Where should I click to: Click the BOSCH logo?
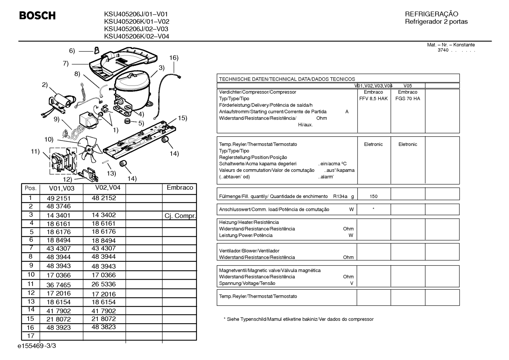tap(37, 16)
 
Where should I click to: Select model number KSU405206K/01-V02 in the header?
tap(137, 22)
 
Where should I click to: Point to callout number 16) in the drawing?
tap(174, 58)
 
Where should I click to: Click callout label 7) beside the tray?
tap(66, 63)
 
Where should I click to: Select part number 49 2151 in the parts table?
tap(59, 198)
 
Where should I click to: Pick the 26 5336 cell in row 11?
tap(104, 284)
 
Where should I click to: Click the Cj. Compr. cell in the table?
tap(180, 216)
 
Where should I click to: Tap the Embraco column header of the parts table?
tap(180, 188)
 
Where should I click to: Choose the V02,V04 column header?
tap(108, 188)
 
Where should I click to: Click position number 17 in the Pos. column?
tap(31, 336)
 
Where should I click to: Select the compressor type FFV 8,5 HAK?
tap(373, 99)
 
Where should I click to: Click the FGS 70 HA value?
tap(408, 99)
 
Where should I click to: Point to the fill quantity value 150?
tap(373, 196)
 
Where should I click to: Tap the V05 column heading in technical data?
tap(408, 86)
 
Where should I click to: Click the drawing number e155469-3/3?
tap(37, 346)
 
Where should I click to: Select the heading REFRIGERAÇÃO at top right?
tap(431, 14)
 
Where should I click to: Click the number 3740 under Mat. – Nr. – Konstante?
tap(443, 50)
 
